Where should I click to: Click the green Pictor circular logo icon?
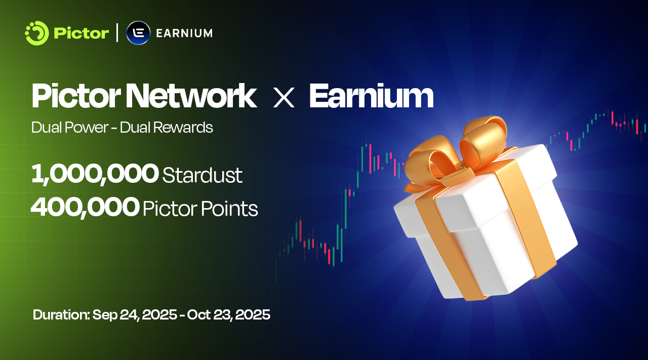37,33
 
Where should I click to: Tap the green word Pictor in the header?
82,33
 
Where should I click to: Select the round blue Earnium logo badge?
138,33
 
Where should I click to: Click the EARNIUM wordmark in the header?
184,33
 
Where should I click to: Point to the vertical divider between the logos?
117,33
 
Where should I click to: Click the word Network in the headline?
191,96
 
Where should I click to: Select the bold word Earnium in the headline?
372,96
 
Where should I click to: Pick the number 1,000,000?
95,174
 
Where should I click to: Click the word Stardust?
202,175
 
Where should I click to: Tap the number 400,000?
85,207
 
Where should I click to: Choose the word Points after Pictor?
229,209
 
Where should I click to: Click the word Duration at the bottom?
61,314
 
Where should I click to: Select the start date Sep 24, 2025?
135,315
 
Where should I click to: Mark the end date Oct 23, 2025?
228,315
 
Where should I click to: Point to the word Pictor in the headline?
76,96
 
